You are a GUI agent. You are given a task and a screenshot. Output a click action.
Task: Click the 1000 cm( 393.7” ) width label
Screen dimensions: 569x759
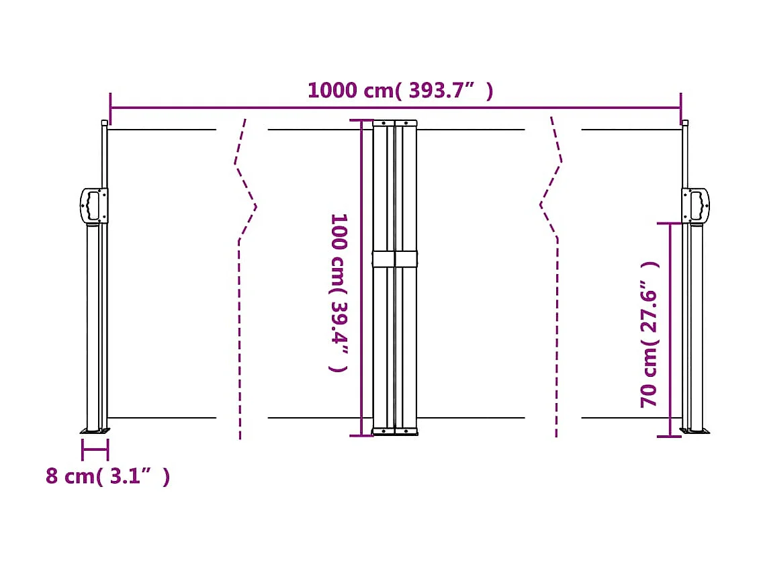point(400,90)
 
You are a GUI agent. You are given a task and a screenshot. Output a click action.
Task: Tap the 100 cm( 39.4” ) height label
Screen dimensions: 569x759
point(339,292)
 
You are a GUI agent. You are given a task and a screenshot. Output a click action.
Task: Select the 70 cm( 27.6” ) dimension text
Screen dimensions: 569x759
point(650,334)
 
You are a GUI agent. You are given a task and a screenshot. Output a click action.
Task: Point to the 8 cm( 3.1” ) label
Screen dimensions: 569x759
point(107,476)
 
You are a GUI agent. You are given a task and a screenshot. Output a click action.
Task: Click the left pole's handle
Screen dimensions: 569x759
point(93,205)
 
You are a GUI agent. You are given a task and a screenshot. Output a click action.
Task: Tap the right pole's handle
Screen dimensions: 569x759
point(696,205)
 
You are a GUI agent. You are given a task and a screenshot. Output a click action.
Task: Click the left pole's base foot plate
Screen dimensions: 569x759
point(95,431)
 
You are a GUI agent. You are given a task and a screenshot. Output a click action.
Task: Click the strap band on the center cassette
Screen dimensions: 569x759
point(395,259)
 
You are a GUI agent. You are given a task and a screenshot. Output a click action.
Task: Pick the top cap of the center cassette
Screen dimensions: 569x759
point(395,123)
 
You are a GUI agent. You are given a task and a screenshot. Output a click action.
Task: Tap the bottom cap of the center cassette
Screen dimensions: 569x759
point(395,431)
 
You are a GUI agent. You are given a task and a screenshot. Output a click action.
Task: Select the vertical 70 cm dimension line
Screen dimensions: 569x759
point(670,329)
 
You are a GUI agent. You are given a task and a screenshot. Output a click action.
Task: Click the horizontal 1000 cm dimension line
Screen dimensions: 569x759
point(269,107)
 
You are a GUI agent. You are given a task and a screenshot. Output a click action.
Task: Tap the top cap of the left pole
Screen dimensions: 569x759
point(104,123)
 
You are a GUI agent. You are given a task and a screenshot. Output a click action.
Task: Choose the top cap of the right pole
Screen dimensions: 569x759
point(684,123)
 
